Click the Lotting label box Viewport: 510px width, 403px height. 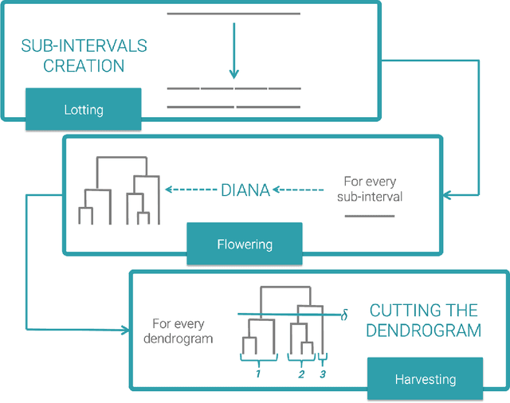(x=84, y=109)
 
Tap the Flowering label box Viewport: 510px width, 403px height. (x=245, y=244)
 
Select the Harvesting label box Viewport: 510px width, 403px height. (x=426, y=379)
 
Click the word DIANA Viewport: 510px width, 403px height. (x=245, y=190)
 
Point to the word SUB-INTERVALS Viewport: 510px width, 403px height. (x=84, y=45)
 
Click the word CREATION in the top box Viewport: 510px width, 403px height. (x=84, y=66)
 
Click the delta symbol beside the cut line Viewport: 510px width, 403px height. (x=344, y=316)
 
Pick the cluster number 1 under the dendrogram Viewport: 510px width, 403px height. (x=258, y=372)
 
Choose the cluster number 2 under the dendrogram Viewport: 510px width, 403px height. (x=301, y=372)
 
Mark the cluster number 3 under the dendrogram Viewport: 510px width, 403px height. (x=323, y=372)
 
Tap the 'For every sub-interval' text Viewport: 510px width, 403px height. (x=371, y=190)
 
